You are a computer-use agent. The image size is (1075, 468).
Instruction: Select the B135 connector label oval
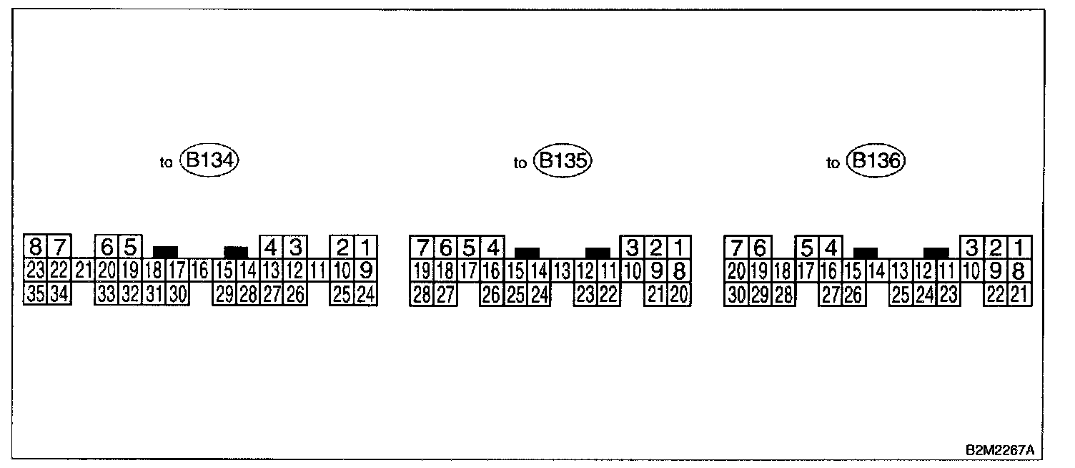pyautogui.click(x=564, y=161)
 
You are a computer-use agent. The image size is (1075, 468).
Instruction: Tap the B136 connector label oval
pyautogui.click(x=876, y=161)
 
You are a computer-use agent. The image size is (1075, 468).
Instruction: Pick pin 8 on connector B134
pyautogui.click(x=35, y=248)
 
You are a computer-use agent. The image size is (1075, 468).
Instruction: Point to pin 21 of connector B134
pyautogui.click(x=84, y=271)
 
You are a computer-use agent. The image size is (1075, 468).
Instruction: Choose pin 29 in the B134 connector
pyautogui.click(x=224, y=294)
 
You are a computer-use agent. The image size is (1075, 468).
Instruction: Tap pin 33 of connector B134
pyautogui.click(x=106, y=294)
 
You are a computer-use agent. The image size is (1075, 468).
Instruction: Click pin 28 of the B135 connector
pyautogui.click(x=421, y=294)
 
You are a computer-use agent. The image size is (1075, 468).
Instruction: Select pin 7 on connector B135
pyautogui.click(x=422, y=248)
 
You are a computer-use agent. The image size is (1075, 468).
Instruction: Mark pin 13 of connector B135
pyautogui.click(x=562, y=271)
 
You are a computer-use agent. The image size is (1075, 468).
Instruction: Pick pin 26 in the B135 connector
pyautogui.click(x=492, y=294)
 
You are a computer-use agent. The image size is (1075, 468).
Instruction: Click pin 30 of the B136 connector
pyautogui.click(x=736, y=294)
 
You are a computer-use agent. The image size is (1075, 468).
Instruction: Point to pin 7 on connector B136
pyautogui.click(x=736, y=248)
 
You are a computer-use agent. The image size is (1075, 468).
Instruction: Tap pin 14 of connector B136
pyautogui.click(x=876, y=271)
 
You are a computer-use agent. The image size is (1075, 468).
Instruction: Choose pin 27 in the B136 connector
pyautogui.click(x=829, y=294)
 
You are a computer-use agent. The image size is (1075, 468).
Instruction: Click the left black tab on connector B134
pyautogui.click(x=165, y=252)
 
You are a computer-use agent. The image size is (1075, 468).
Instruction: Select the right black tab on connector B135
pyautogui.click(x=598, y=253)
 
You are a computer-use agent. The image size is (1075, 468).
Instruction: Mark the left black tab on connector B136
pyautogui.click(x=866, y=253)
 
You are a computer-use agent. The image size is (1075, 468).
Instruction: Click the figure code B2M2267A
pyautogui.click(x=999, y=450)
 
